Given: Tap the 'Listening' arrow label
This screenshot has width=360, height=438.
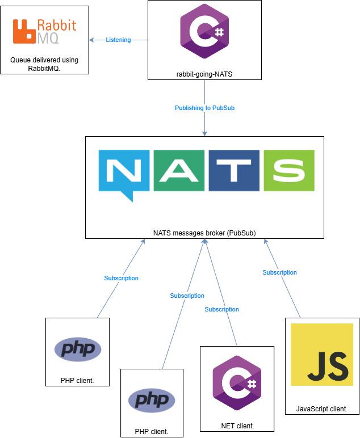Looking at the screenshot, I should pyautogui.click(x=118, y=40).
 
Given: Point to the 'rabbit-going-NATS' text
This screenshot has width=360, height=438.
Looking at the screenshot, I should pyautogui.click(x=204, y=74).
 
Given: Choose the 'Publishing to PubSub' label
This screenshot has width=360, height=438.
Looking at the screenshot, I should pyautogui.click(x=204, y=108).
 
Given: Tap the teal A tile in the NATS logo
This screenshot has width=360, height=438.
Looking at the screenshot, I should pyautogui.click(x=178, y=170).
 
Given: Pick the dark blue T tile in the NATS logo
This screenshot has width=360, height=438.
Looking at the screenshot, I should pyautogui.click(x=232, y=170).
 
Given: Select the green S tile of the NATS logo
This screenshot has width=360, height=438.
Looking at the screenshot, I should pyautogui.click(x=287, y=170).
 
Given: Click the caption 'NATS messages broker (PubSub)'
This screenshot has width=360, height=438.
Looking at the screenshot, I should pyautogui.click(x=204, y=233).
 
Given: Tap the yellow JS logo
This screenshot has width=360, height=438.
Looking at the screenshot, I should pyautogui.click(x=322, y=363).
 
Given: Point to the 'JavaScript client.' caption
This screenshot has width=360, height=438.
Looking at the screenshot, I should pyautogui.click(x=322, y=408).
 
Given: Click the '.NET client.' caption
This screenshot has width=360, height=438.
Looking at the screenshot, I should pyautogui.click(x=237, y=426).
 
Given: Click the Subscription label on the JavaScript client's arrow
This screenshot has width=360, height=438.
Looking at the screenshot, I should pyautogui.click(x=279, y=272).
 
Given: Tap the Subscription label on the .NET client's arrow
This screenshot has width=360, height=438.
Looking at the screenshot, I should pyautogui.click(x=221, y=309).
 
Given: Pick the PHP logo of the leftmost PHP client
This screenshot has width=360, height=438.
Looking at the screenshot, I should pyautogui.click(x=78, y=349).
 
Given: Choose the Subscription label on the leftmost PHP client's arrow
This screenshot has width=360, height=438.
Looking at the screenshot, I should pyautogui.click(x=121, y=278).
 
